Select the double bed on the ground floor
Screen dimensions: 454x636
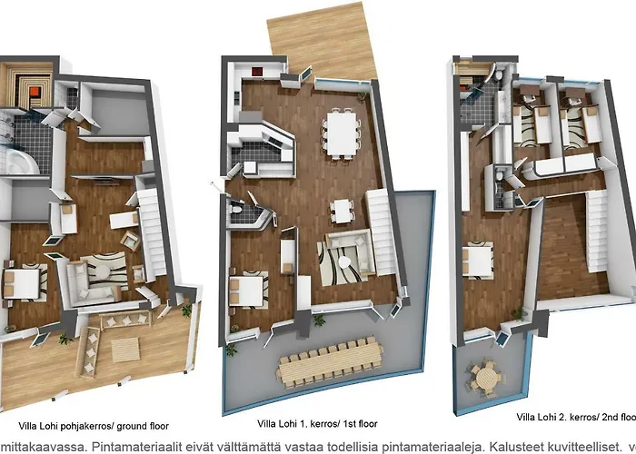(25, 282)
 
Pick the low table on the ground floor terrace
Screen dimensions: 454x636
(125, 350)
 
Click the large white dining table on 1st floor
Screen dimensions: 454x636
(342, 132)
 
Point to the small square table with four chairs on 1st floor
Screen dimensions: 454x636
(343, 210)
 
